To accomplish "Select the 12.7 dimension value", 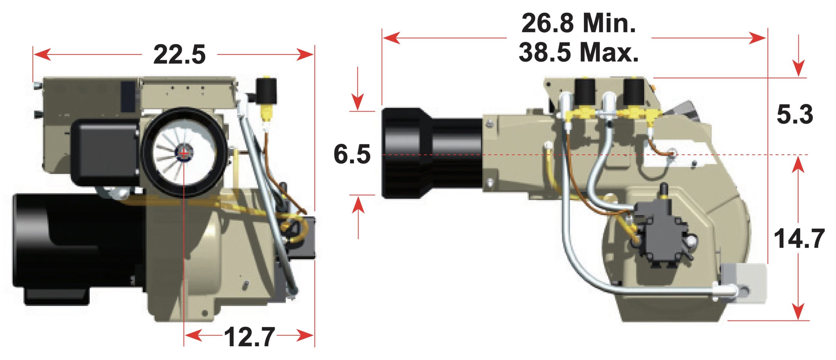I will pyautogui.click(x=250, y=337).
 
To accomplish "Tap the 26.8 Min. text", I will pyautogui.click(x=578, y=23).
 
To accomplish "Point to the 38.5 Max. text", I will pyautogui.click(x=578, y=52).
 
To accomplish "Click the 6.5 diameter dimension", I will pyautogui.click(x=352, y=154).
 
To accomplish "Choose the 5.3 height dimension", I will pyautogui.click(x=795, y=114).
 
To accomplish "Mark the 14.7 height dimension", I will pyautogui.click(x=799, y=238).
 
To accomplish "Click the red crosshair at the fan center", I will pyautogui.click(x=184, y=153).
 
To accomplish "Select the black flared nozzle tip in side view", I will pyautogui.click(x=405, y=153).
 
